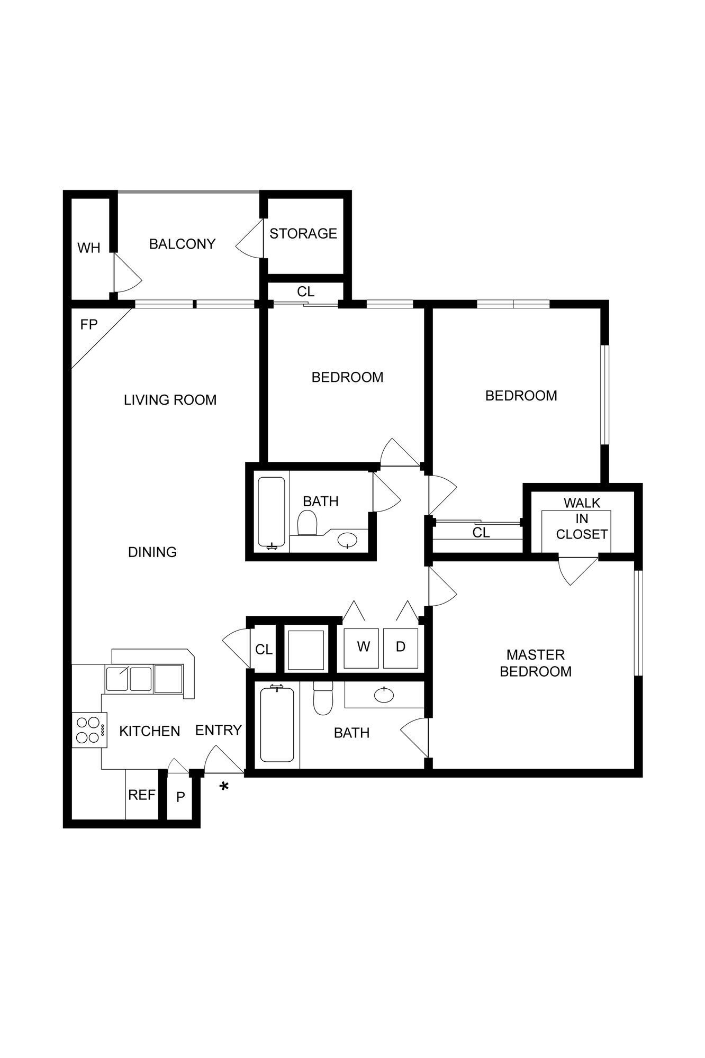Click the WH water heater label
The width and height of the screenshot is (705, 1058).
[x=88, y=248]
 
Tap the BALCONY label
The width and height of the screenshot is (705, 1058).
[x=182, y=244]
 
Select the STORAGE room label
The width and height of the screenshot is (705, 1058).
[x=303, y=233]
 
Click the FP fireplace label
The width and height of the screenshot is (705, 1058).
[x=89, y=324]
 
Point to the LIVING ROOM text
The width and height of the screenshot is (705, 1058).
[x=170, y=400]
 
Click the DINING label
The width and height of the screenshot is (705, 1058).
[x=152, y=552]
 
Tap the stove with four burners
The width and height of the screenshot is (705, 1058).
[x=88, y=729]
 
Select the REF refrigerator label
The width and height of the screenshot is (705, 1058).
[x=142, y=795]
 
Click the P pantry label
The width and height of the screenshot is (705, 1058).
[x=180, y=797]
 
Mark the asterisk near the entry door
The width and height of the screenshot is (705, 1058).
[x=224, y=787]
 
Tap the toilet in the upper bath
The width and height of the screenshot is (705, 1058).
[x=308, y=523]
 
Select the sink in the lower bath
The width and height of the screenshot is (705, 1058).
[x=384, y=695]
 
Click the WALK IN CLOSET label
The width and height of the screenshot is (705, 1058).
[x=581, y=518]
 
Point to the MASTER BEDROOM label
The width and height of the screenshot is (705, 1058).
[x=536, y=663]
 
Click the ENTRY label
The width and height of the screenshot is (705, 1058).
[x=218, y=730]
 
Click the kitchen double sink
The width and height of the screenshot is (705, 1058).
[x=130, y=679]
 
